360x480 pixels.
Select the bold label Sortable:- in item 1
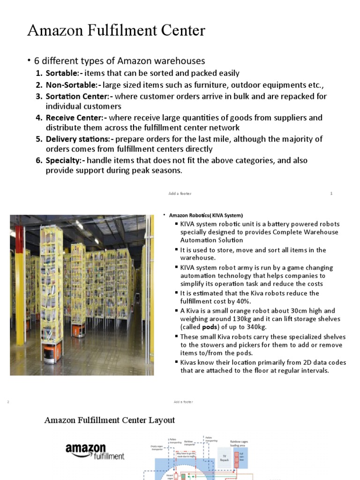[63, 73]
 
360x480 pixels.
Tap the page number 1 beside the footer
[331, 194]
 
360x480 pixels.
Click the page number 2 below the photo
[8, 402]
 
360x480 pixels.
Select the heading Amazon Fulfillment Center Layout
[110, 420]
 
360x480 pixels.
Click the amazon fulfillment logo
[95, 451]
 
